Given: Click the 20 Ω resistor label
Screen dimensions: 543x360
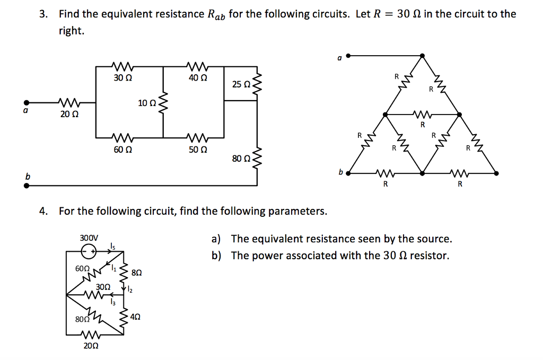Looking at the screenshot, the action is click(69, 114).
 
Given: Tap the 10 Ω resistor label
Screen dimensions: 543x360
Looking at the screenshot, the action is click(147, 103).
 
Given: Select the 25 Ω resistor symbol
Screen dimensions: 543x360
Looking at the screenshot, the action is click(257, 84).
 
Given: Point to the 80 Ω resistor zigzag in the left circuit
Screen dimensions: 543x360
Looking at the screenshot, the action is click(257, 159).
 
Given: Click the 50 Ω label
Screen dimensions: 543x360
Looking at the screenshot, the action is click(198, 150).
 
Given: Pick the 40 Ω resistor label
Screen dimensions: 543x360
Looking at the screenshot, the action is click(198, 77).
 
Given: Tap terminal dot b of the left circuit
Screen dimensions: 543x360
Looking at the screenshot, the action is click(27, 186).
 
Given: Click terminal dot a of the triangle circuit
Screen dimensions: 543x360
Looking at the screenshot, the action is click(348, 55).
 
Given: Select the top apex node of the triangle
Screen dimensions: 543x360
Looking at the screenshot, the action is click(422, 55).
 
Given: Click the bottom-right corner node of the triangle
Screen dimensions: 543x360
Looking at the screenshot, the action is click(496, 173).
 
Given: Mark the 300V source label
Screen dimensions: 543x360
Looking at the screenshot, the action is click(89, 238).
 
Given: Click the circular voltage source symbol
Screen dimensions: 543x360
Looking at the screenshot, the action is click(89, 252).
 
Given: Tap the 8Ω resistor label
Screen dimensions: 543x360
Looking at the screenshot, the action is click(136, 273).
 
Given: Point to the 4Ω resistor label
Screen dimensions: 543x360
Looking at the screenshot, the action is click(135, 317).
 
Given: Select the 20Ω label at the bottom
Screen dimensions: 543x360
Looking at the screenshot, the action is click(91, 346).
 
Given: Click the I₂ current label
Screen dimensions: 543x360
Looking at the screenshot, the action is click(130, 289).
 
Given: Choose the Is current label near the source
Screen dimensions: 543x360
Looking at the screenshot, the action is click(112, 246).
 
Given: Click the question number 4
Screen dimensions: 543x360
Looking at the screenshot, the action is click(43, 211).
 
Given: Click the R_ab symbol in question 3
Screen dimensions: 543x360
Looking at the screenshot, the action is click(216, 14).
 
